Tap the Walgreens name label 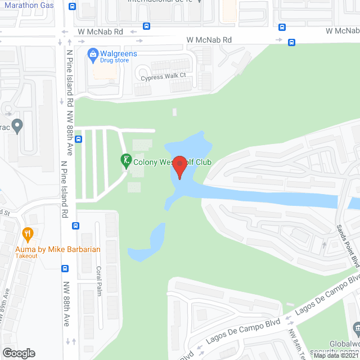click(x=118, y=53)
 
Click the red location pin click(x=179, y=167)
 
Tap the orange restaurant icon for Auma click(x=26, y=233)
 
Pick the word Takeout click(x=26, y=256)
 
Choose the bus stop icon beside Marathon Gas click(x=72, y=7)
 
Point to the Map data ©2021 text click(x=336, y=355)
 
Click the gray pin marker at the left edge click(x=17, y=126)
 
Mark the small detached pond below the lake click(x=147, y=243)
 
